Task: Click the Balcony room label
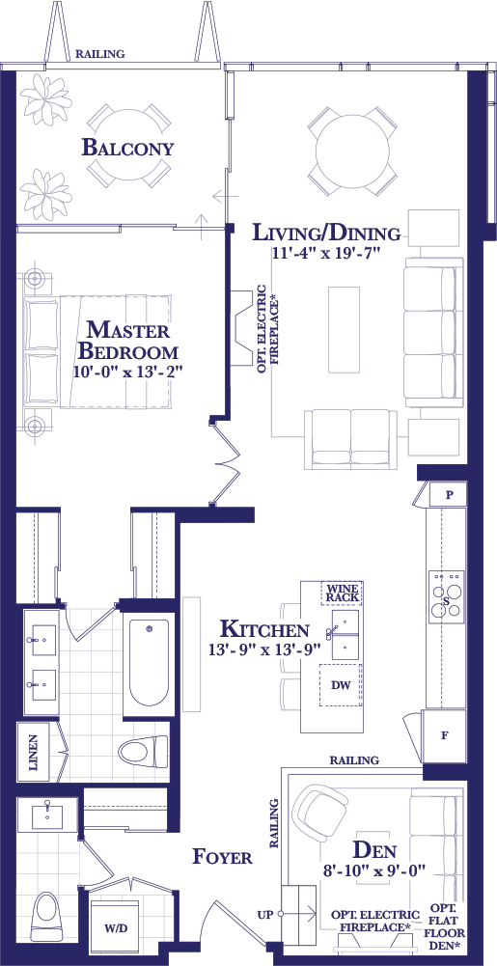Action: coord(128,148)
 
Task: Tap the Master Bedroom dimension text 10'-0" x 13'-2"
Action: coord(128,372)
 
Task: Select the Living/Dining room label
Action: coord(328,233)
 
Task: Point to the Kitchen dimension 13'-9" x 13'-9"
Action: coord(264,650)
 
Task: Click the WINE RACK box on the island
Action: coord(342,593)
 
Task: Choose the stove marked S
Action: coord(447,597)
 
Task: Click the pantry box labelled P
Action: coord(449,494)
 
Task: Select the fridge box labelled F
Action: coord(443,736)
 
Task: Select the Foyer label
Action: coord(222,856)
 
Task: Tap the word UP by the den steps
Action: coord(265,915)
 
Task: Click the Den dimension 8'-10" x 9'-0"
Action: coord(375,872)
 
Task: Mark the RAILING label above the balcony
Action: coord(99,54)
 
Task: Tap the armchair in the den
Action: coord(319,812)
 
